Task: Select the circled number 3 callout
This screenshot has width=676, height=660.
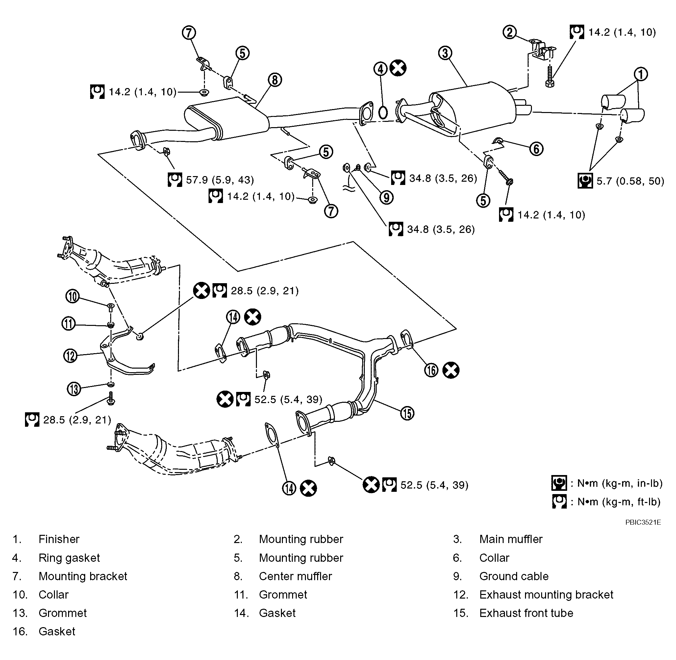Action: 445,53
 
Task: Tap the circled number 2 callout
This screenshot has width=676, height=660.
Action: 510,32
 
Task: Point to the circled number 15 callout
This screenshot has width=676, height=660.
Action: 407,413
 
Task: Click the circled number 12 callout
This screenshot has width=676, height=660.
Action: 70,356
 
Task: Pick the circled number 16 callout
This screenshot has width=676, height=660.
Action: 431,370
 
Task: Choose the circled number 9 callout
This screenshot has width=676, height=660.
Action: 386,197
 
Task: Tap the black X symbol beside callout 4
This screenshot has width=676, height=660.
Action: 398,68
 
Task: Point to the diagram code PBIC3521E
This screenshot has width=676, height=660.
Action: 643,522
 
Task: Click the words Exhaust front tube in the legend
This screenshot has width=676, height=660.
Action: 526,613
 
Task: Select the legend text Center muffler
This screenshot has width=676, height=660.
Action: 295,576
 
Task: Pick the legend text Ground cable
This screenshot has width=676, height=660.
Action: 514,576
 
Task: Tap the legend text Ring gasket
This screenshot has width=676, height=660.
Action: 69,558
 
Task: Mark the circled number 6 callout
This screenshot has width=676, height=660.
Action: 536,149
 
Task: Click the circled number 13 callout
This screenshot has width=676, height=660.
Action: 74,389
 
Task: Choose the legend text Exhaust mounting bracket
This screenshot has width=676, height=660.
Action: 546,595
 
